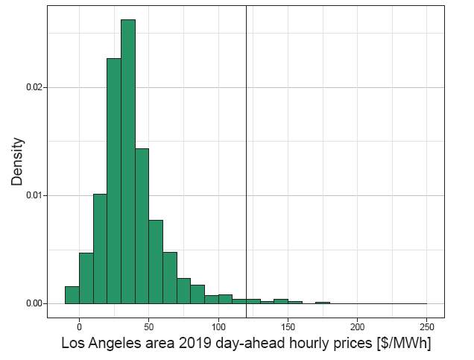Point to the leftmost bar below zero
72,295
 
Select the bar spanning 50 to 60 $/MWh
156,262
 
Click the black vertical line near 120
246,149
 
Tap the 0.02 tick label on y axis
34,87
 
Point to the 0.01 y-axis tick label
34,195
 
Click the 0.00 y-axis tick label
34,303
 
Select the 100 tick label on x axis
218,326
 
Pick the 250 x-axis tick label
427,326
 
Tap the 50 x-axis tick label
149,326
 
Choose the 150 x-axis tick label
288,326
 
